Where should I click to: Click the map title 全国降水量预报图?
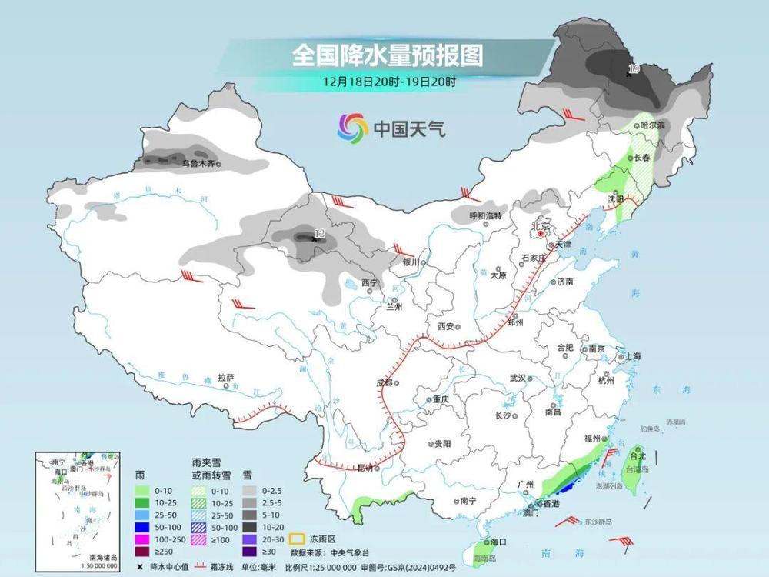[x=387, y=56]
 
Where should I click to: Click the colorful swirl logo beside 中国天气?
[x=353, y=128]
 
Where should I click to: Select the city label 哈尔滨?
[x=653, y=125]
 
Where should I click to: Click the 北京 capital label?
[x=541, y=226]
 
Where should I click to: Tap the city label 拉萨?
[x=225, y=377]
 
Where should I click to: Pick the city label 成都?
[x=384, y=382]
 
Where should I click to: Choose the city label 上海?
[x=633, y=356]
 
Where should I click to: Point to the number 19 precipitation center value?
[x=634, y=69]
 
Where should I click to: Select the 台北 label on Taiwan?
[x=638, y=455]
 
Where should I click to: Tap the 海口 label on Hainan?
[x=498, y=542]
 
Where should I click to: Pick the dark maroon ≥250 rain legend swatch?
[x=143, y=551]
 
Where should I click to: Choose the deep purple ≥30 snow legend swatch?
[x=250, y=551]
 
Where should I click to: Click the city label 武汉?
[x=517, y=378]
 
